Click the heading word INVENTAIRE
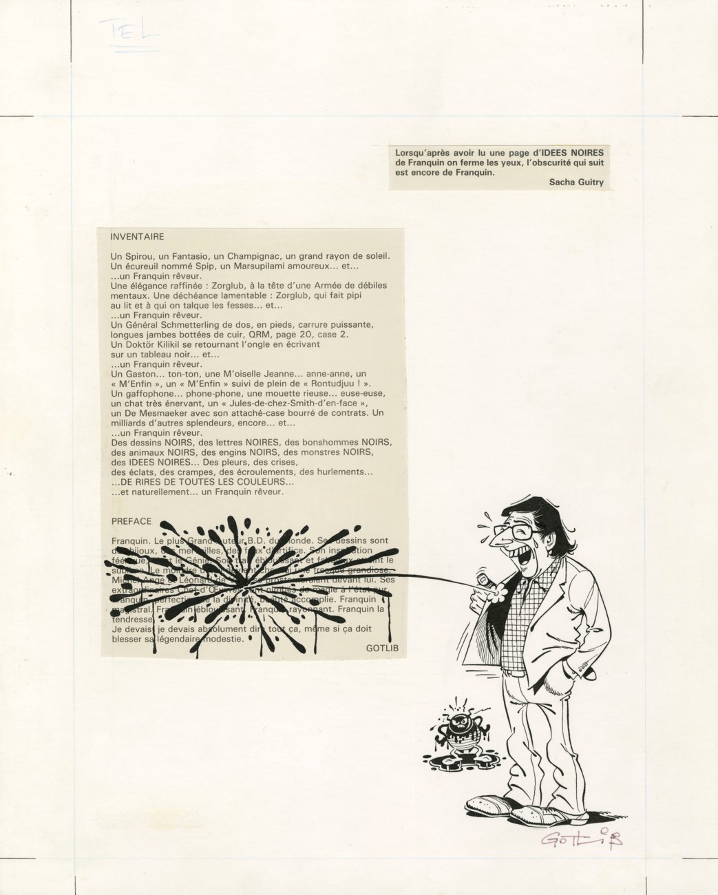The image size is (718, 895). click(137, 237)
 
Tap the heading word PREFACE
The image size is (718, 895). click(131, 522)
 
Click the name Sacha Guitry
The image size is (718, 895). click(577, 182)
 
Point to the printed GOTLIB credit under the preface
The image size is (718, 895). click(382, 648)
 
